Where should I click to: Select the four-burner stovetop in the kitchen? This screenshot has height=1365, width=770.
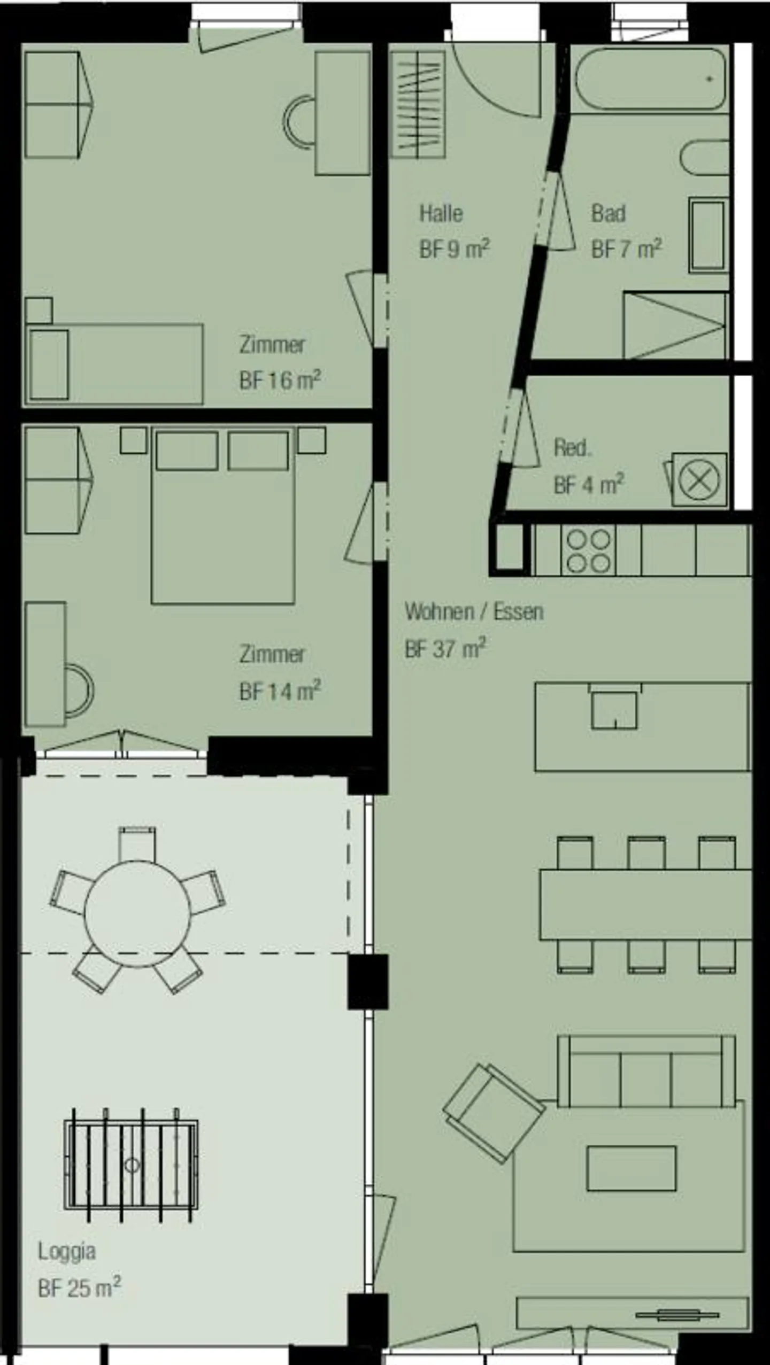(588, 550)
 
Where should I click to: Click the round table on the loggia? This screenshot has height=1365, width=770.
(137, 913)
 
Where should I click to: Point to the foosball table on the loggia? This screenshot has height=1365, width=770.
(131, 1165)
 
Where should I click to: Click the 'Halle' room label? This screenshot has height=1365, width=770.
(441, 214)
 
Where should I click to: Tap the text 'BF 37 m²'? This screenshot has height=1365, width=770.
(445, 649)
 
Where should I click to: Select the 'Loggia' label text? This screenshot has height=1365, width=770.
(67, 1251)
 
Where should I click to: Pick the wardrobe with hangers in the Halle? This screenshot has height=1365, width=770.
(418, 104)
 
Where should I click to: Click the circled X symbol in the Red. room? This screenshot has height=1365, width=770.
(699, 480)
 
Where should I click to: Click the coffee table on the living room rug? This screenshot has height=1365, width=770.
(631, 1168)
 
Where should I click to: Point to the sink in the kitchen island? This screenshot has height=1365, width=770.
(614, 709)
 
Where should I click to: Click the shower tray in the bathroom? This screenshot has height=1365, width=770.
(675, 325)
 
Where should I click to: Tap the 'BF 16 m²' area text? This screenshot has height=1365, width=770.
(280, 381)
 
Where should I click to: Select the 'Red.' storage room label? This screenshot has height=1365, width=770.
(572, 448)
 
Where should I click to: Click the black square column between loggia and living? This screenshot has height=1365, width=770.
(367, 982)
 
